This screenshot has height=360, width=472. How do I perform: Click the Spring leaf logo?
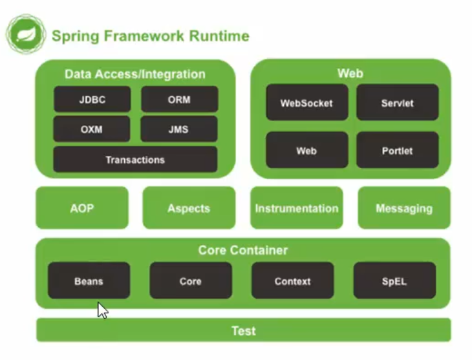point(27,34)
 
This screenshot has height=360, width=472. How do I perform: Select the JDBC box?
point(92,100)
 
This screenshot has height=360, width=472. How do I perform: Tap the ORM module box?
point(179,100)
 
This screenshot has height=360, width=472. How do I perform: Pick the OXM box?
point(92,129)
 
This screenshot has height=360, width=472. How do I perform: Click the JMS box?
point(179,129)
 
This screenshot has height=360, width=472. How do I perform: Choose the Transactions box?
point(135,160)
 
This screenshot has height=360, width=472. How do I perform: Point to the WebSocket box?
point(307,102)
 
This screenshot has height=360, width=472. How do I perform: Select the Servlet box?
point(398,102)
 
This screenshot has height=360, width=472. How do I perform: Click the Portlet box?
point(398,150)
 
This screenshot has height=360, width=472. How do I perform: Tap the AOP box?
point(82,207)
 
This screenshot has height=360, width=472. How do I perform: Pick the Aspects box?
point(189,207)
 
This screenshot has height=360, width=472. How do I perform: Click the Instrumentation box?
point(297,207)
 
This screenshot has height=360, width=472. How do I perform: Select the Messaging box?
point(404,207)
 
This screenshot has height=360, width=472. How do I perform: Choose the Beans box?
point(89,281)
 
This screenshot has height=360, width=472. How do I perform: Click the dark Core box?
point(191,281)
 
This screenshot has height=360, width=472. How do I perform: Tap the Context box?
point(293,281)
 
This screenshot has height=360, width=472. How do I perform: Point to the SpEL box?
point(394,281)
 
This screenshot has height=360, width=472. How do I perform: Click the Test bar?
point(244,330)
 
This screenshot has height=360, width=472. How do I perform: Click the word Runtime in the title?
point(219,36)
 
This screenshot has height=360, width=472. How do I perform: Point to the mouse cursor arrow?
point(102,310)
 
